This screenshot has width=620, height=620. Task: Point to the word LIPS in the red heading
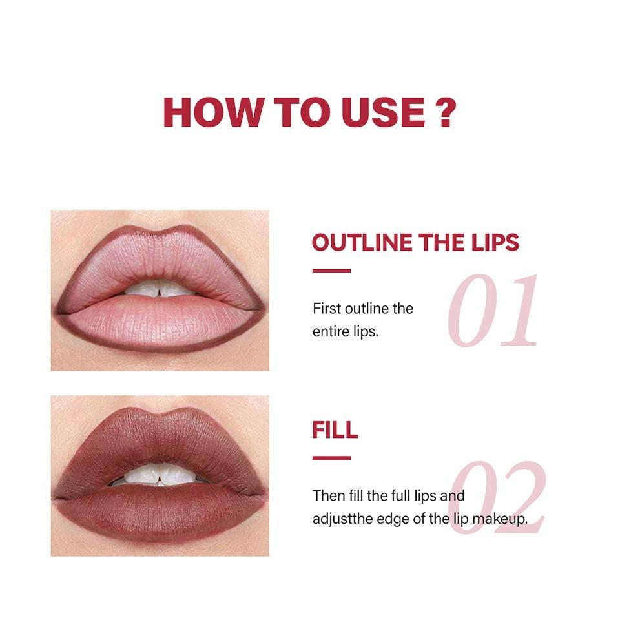(494, 242)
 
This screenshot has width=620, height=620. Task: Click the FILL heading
(335, 430)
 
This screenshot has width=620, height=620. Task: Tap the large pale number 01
(493, 311)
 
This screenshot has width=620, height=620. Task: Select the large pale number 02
(496, 498)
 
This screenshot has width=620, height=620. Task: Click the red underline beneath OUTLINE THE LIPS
(331, 271)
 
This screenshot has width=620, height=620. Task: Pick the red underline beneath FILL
(331, 458)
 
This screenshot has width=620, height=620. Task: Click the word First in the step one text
(326, 308)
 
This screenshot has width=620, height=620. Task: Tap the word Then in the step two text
(327, 496)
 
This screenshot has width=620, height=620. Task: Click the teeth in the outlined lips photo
(160, 290)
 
